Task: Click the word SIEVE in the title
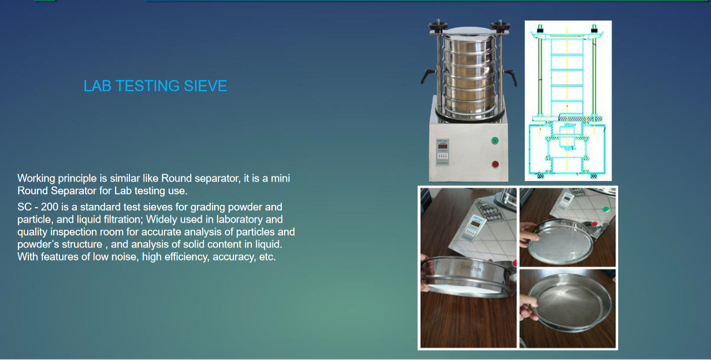click(205, 86)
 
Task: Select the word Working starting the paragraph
click(36, 178)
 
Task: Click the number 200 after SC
click(49, 207)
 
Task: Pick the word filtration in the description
click(123, 219)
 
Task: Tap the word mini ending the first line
click(280, 178)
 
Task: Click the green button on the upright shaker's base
click(495, 141)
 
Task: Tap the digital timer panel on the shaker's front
click(442, 152)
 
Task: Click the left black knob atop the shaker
click(438, 26)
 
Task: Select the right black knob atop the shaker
click(500, 26)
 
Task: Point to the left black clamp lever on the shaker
click(427, 76)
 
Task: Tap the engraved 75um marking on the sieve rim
click(471, 268)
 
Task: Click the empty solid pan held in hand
click(569, 303)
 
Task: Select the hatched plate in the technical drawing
click(580, 118)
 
